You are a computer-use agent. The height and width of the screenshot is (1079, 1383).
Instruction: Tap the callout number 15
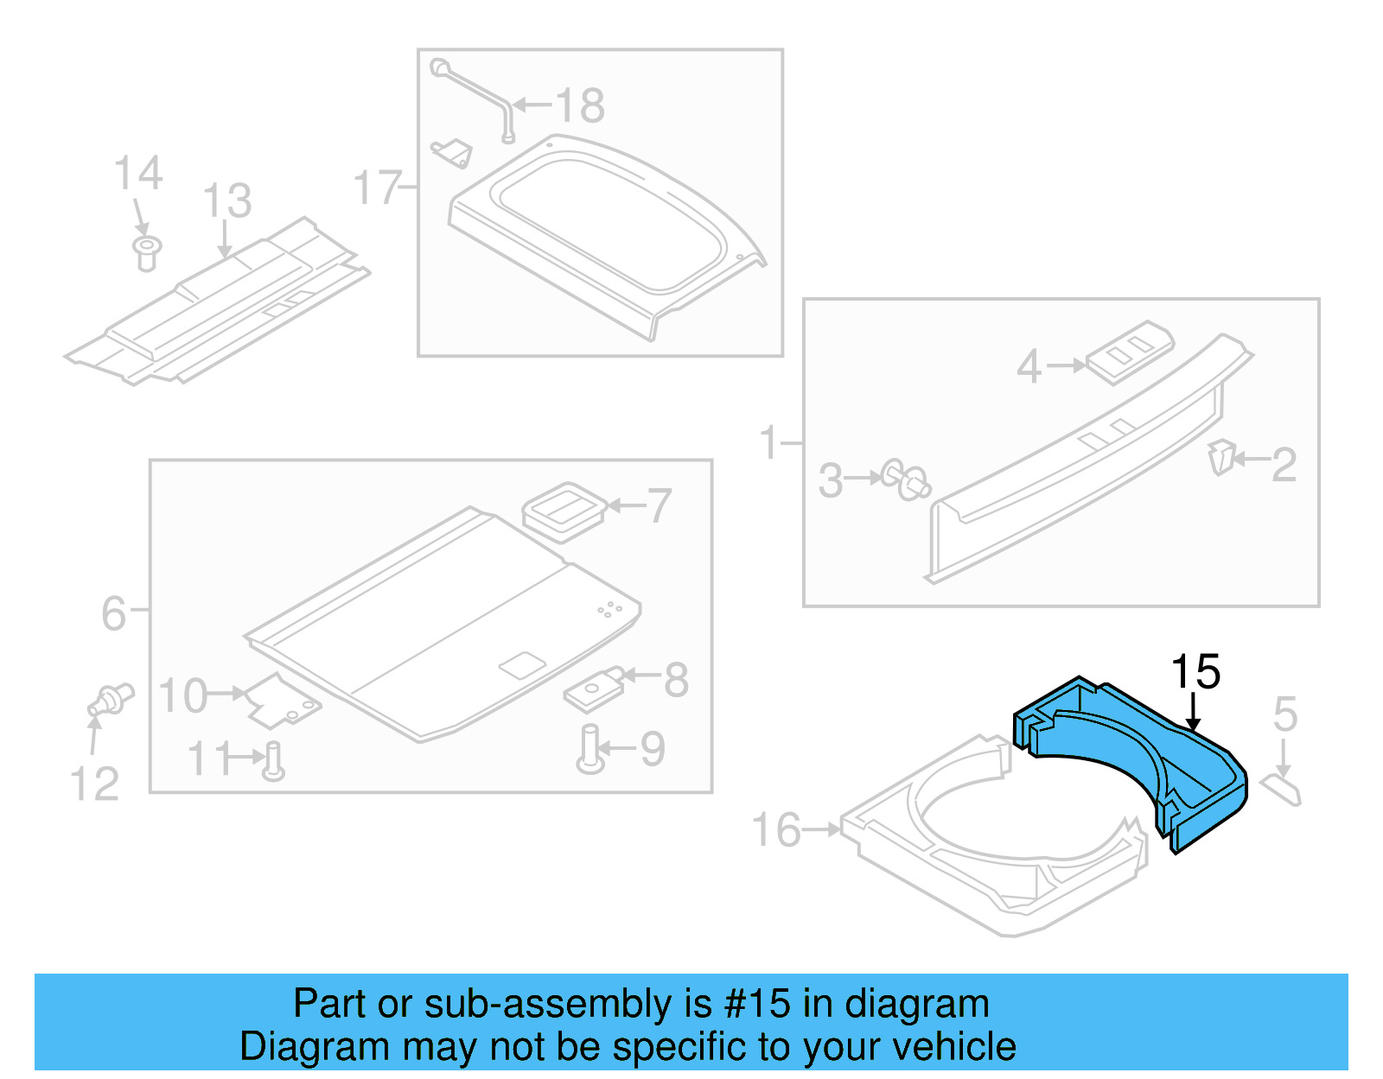click(1195, 672)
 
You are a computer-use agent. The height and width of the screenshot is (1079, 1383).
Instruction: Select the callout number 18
click(580, 106)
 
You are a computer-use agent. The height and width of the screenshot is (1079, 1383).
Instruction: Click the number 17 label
click(377, 187)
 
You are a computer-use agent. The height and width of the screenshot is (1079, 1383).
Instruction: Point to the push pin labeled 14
click(147, 252)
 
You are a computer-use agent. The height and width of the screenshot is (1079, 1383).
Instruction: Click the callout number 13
click(226, 201)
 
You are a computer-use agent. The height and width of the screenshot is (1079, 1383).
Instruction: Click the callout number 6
click(113, 613)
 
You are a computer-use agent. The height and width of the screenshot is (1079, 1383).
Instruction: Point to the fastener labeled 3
click(906, 480)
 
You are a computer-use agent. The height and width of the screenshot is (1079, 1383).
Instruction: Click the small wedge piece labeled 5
click(1281, 789)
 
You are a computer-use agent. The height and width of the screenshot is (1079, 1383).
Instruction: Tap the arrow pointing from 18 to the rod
click(532, 106)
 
